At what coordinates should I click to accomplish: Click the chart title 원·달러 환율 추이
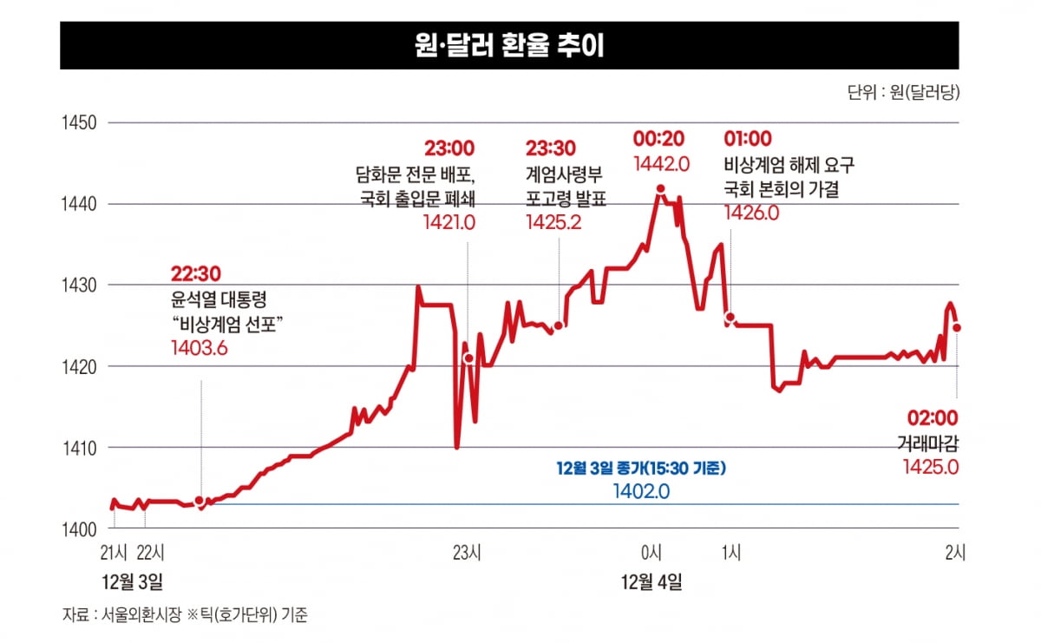509,46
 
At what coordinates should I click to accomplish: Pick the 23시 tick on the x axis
468,552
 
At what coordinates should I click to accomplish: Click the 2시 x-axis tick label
954,552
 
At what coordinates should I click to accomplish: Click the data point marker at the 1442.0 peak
661,188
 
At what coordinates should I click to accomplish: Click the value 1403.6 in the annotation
199,347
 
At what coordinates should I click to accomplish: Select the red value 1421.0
449,222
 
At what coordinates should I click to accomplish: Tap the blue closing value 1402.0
640,491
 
